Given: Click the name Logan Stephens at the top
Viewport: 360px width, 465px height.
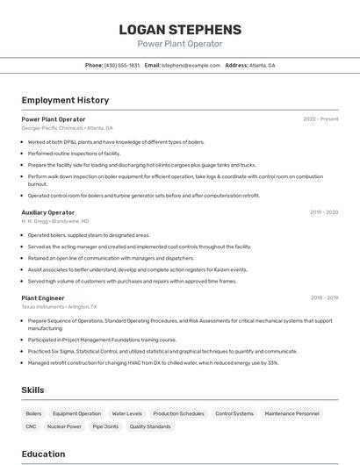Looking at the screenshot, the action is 180,30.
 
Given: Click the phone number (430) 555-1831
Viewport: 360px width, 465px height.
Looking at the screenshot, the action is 122,66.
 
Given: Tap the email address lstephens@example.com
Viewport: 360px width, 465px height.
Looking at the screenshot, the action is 191,66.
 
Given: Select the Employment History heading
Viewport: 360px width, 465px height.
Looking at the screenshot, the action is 65,100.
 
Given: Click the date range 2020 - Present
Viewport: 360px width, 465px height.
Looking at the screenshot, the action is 320,119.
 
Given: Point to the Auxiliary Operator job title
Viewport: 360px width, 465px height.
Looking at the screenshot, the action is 48,212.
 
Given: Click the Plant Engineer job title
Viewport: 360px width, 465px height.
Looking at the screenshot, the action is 43,298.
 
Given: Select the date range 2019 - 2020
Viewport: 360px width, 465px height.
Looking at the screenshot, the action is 324,212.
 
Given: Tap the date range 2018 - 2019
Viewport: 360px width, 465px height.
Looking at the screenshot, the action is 324,298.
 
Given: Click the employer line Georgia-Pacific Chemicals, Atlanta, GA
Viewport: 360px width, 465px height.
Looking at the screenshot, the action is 68,128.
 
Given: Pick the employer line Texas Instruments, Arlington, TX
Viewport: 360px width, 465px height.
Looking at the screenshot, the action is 60,307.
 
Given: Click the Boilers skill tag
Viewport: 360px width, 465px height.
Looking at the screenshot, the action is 33,413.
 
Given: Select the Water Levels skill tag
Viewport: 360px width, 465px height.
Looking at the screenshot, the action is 126,413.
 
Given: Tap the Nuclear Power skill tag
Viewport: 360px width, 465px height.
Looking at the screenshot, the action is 64,426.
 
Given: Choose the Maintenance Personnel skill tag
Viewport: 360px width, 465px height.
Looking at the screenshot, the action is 292,413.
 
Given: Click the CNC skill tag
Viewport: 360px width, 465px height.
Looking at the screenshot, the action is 31,426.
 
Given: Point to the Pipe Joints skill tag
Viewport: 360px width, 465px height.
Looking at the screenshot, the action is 105,426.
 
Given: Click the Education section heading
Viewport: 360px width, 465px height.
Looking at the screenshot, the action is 43,454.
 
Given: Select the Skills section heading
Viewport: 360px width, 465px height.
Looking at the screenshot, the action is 32,390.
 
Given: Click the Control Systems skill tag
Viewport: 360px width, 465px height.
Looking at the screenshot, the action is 234,413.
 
